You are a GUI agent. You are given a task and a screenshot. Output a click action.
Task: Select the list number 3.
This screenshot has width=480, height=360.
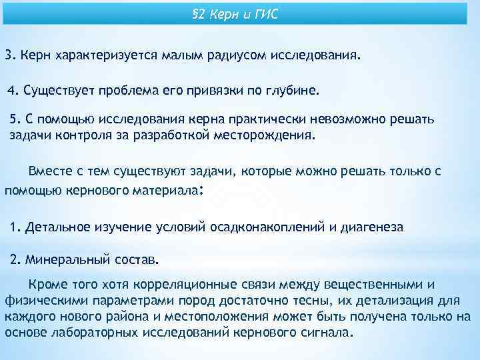tap(9, 56)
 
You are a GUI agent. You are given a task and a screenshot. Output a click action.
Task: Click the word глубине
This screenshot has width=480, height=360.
tap(296, 89)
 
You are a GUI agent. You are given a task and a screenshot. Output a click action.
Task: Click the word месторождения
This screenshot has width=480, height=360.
tap(269, 135)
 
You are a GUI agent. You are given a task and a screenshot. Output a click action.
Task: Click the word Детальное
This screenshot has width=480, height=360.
tap(58, 227)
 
